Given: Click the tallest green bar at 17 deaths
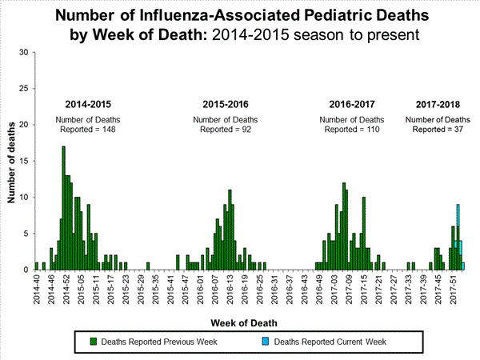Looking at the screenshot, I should (63, 208).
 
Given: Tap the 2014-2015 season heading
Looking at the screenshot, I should (89, 105).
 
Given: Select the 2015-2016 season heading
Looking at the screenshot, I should (226, 105).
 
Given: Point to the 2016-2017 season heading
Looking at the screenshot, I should (352, 105).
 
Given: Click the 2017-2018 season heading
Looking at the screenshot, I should (439, 105).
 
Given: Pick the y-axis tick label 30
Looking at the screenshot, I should (24, 53).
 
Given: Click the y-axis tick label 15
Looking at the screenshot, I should (24, 161).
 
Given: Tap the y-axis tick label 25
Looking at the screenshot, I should (24, 89).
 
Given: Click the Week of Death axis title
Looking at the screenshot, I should (246, 322).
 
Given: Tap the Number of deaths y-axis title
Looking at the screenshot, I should (13, 161).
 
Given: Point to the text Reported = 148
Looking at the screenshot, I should (89, 130).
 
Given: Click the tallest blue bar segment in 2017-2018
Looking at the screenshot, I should (458, 211).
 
